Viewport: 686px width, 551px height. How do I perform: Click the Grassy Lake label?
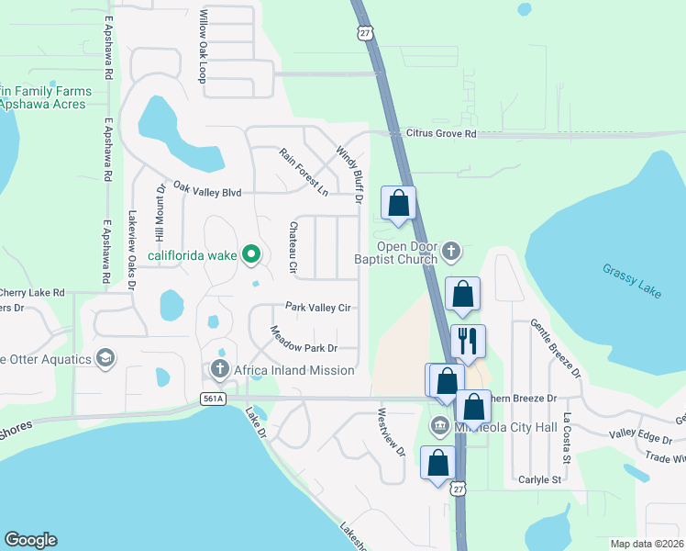tap(633, 280)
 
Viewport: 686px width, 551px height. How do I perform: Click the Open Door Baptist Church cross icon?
tap(450, 251)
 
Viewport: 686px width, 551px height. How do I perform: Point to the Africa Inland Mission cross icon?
tap(219, 370)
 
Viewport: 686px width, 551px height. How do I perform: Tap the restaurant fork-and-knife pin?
tap(469, 342)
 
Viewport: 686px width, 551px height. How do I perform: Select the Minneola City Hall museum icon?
tap(438, 426)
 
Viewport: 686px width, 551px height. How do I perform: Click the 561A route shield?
tap(213, 399)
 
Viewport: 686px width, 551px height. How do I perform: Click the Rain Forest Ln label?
tap(304, 172)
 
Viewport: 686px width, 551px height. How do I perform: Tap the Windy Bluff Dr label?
tap(350, 174)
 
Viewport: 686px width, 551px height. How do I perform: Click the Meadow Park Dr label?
tap(304, 339)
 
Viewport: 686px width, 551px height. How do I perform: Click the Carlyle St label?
tap(539, 479)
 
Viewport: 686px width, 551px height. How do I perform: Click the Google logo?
tap(30, 540)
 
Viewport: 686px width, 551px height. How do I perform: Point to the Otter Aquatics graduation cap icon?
tap(105, 357)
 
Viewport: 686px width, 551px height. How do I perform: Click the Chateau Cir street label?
tap(293, 249)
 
